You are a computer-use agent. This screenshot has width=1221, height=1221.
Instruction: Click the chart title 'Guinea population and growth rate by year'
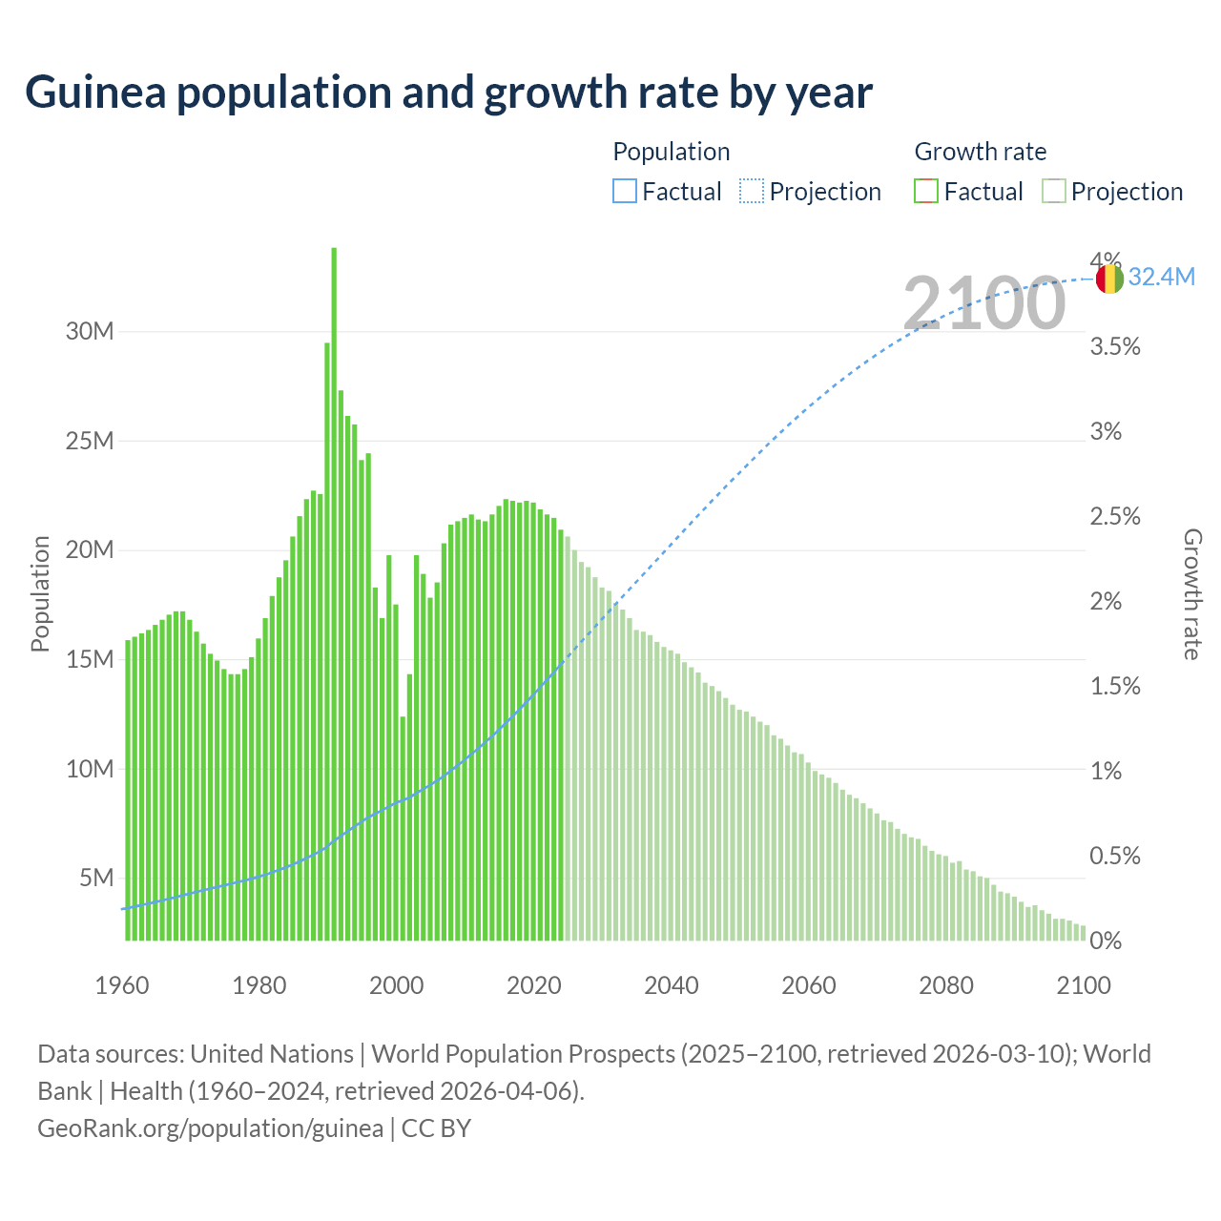[x=448, y=93]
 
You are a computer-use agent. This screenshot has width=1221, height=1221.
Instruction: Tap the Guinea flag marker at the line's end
[x=1109, y=279]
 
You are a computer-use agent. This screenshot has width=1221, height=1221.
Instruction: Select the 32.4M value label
[x=1161, y=278]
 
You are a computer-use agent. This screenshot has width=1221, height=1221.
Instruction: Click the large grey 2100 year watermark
[x=983, y=303]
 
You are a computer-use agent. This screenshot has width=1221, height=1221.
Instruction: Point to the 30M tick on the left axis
[x=90, y=332]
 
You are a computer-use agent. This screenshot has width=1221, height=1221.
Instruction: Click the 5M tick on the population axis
[x=96, y=878]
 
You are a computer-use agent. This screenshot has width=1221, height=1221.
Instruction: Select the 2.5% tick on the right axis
[x=1115, y=517]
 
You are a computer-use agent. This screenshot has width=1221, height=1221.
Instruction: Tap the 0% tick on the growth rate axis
[x=1106, y=942]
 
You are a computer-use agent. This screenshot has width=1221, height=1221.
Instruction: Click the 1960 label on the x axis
[x=122, y=985]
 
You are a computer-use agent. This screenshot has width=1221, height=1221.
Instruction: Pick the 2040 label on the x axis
[x=672, y=985]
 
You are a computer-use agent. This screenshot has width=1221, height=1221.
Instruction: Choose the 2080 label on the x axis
[x=946, y=985]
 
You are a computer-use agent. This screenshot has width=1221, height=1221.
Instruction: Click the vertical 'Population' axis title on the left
[x=40, y=593]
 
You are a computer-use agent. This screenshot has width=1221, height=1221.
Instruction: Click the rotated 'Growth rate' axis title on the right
[x=1192, y=594]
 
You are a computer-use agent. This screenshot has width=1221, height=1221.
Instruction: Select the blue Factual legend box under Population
[x=624, y=192]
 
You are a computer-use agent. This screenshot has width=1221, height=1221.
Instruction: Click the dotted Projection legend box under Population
[x=752, y=192]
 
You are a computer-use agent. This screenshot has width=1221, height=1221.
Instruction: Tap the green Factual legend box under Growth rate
[x=926, y=192]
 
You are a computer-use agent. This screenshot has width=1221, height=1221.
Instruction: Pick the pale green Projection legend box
[x=1053, y=192]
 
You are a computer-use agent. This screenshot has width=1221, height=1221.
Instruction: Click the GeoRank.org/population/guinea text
[x=210, y=1128]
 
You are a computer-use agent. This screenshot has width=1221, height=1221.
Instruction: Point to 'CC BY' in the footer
[x=436, y=1128]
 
